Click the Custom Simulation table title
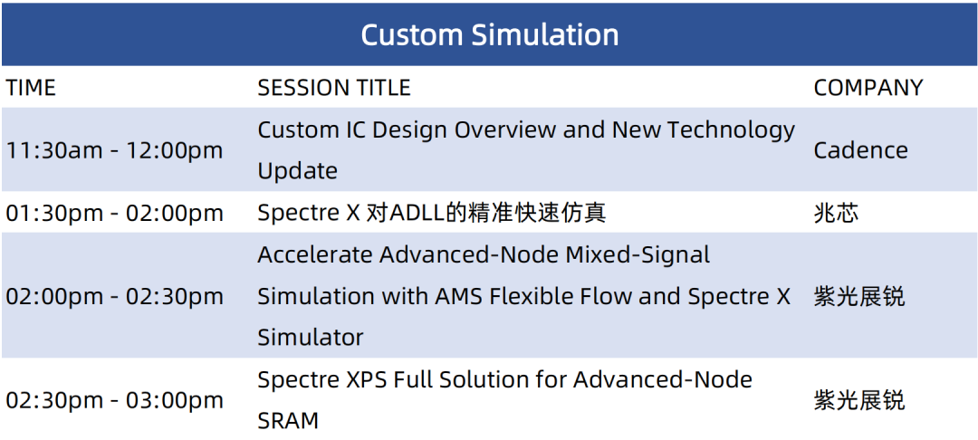pos(490,35)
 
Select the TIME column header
pos(31,88)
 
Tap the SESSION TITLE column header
pos(334,88)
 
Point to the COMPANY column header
pos(868,88)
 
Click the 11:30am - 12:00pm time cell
pos(114,150)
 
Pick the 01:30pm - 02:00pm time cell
pos(114,213)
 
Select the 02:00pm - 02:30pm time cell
pos(114,296)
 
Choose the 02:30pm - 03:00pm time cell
pos(114,400)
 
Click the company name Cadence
pos(861,150)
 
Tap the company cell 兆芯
pos(836,213)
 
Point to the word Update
pos(298,171)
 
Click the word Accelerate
pos(314,254)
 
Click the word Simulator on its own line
pos(311,338)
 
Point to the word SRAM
pos(288,421)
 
